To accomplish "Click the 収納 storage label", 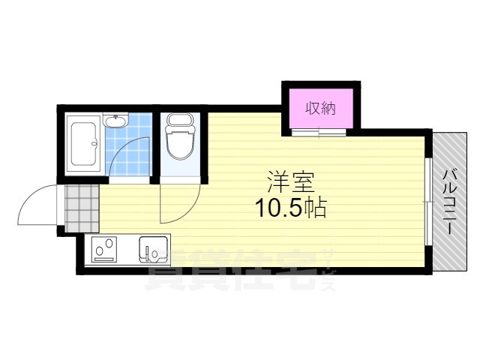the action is click(321, 108).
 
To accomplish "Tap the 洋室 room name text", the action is click(290, 181).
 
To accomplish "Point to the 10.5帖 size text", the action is click(291, 208).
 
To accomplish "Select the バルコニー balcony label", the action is click(450, 202).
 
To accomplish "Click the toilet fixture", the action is click(180, 136).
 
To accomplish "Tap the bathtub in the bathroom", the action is click(83, 143).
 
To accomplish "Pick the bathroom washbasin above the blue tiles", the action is click(115, 120).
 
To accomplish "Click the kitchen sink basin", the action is click(153, 249).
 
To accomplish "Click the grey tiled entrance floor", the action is click(82, 208).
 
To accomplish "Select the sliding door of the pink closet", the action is click(319, 132).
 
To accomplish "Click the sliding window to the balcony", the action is click(428, 202).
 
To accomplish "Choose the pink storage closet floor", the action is click(321, 108).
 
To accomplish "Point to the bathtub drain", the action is click(94, 143).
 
